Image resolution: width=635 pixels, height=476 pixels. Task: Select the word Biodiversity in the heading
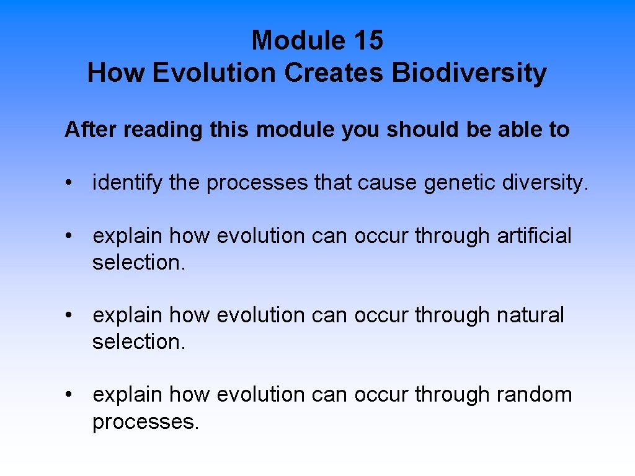(469, 73)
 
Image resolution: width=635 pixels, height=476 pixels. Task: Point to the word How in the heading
(116, 73)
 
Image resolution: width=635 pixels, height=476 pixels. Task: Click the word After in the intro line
(91, 130)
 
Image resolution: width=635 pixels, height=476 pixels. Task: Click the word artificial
(534, 236)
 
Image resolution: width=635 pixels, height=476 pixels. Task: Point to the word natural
(530, 315)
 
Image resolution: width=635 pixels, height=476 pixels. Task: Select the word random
(534, 394)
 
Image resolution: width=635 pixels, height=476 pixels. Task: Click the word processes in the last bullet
(146, 422)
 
